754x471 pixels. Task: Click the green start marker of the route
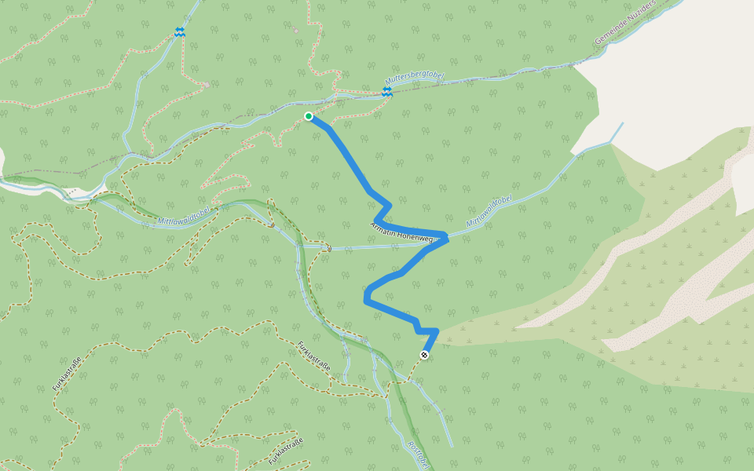pos(309,116)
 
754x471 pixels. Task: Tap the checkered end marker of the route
pos(424,356)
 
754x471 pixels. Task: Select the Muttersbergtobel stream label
pos(415,81)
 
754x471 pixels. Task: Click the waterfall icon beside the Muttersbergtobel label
pos(386,92)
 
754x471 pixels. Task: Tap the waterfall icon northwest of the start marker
pos(179,32)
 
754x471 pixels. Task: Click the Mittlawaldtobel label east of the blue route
pos(489,212)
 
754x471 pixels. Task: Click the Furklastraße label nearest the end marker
pos(314,357)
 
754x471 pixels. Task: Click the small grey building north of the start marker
pos(295,31)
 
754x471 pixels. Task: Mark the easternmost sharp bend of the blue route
pos(447,236)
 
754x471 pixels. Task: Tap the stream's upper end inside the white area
pos(623,123)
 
